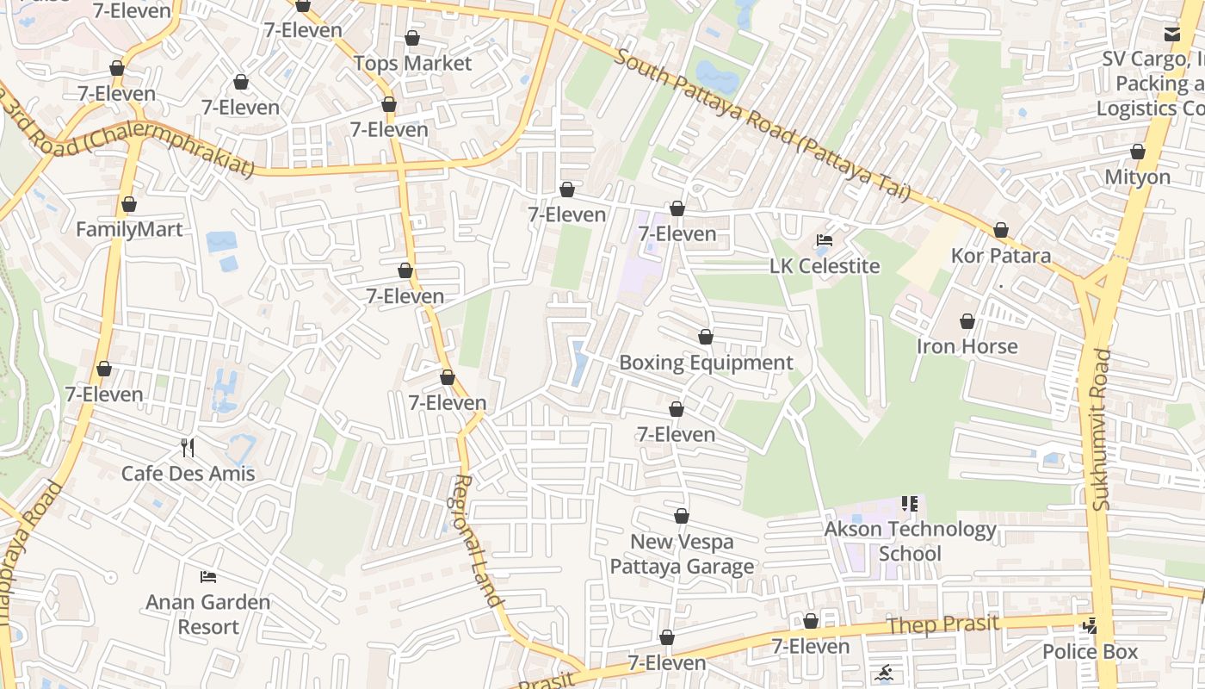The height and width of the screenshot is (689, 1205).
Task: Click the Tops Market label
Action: (412, 64)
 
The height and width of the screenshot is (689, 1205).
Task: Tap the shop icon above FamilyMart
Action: (129, 205)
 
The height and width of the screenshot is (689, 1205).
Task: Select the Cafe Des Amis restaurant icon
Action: (188, 448)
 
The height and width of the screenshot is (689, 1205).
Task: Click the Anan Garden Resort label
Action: (207, 614)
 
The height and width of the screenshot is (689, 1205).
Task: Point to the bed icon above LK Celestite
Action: (825, 241)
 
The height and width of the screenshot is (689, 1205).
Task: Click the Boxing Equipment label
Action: (706, 363)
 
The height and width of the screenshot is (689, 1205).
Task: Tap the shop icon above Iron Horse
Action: (967, 322)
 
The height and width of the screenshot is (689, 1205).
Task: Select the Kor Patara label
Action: (1000, 256)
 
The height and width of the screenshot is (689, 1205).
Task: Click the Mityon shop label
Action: (1137, 177)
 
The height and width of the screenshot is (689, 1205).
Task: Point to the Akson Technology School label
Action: (910, 541)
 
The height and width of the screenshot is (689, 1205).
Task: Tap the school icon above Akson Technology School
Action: (910, 503)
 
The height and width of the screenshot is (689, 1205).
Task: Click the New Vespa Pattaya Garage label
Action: (682, 554)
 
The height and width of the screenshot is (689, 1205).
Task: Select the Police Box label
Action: (1090, 652)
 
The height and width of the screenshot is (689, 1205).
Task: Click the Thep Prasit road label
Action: (942, 625)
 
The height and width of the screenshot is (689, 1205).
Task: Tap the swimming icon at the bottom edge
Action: (884, 673)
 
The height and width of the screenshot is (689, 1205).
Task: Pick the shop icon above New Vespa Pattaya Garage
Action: (682, 517)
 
